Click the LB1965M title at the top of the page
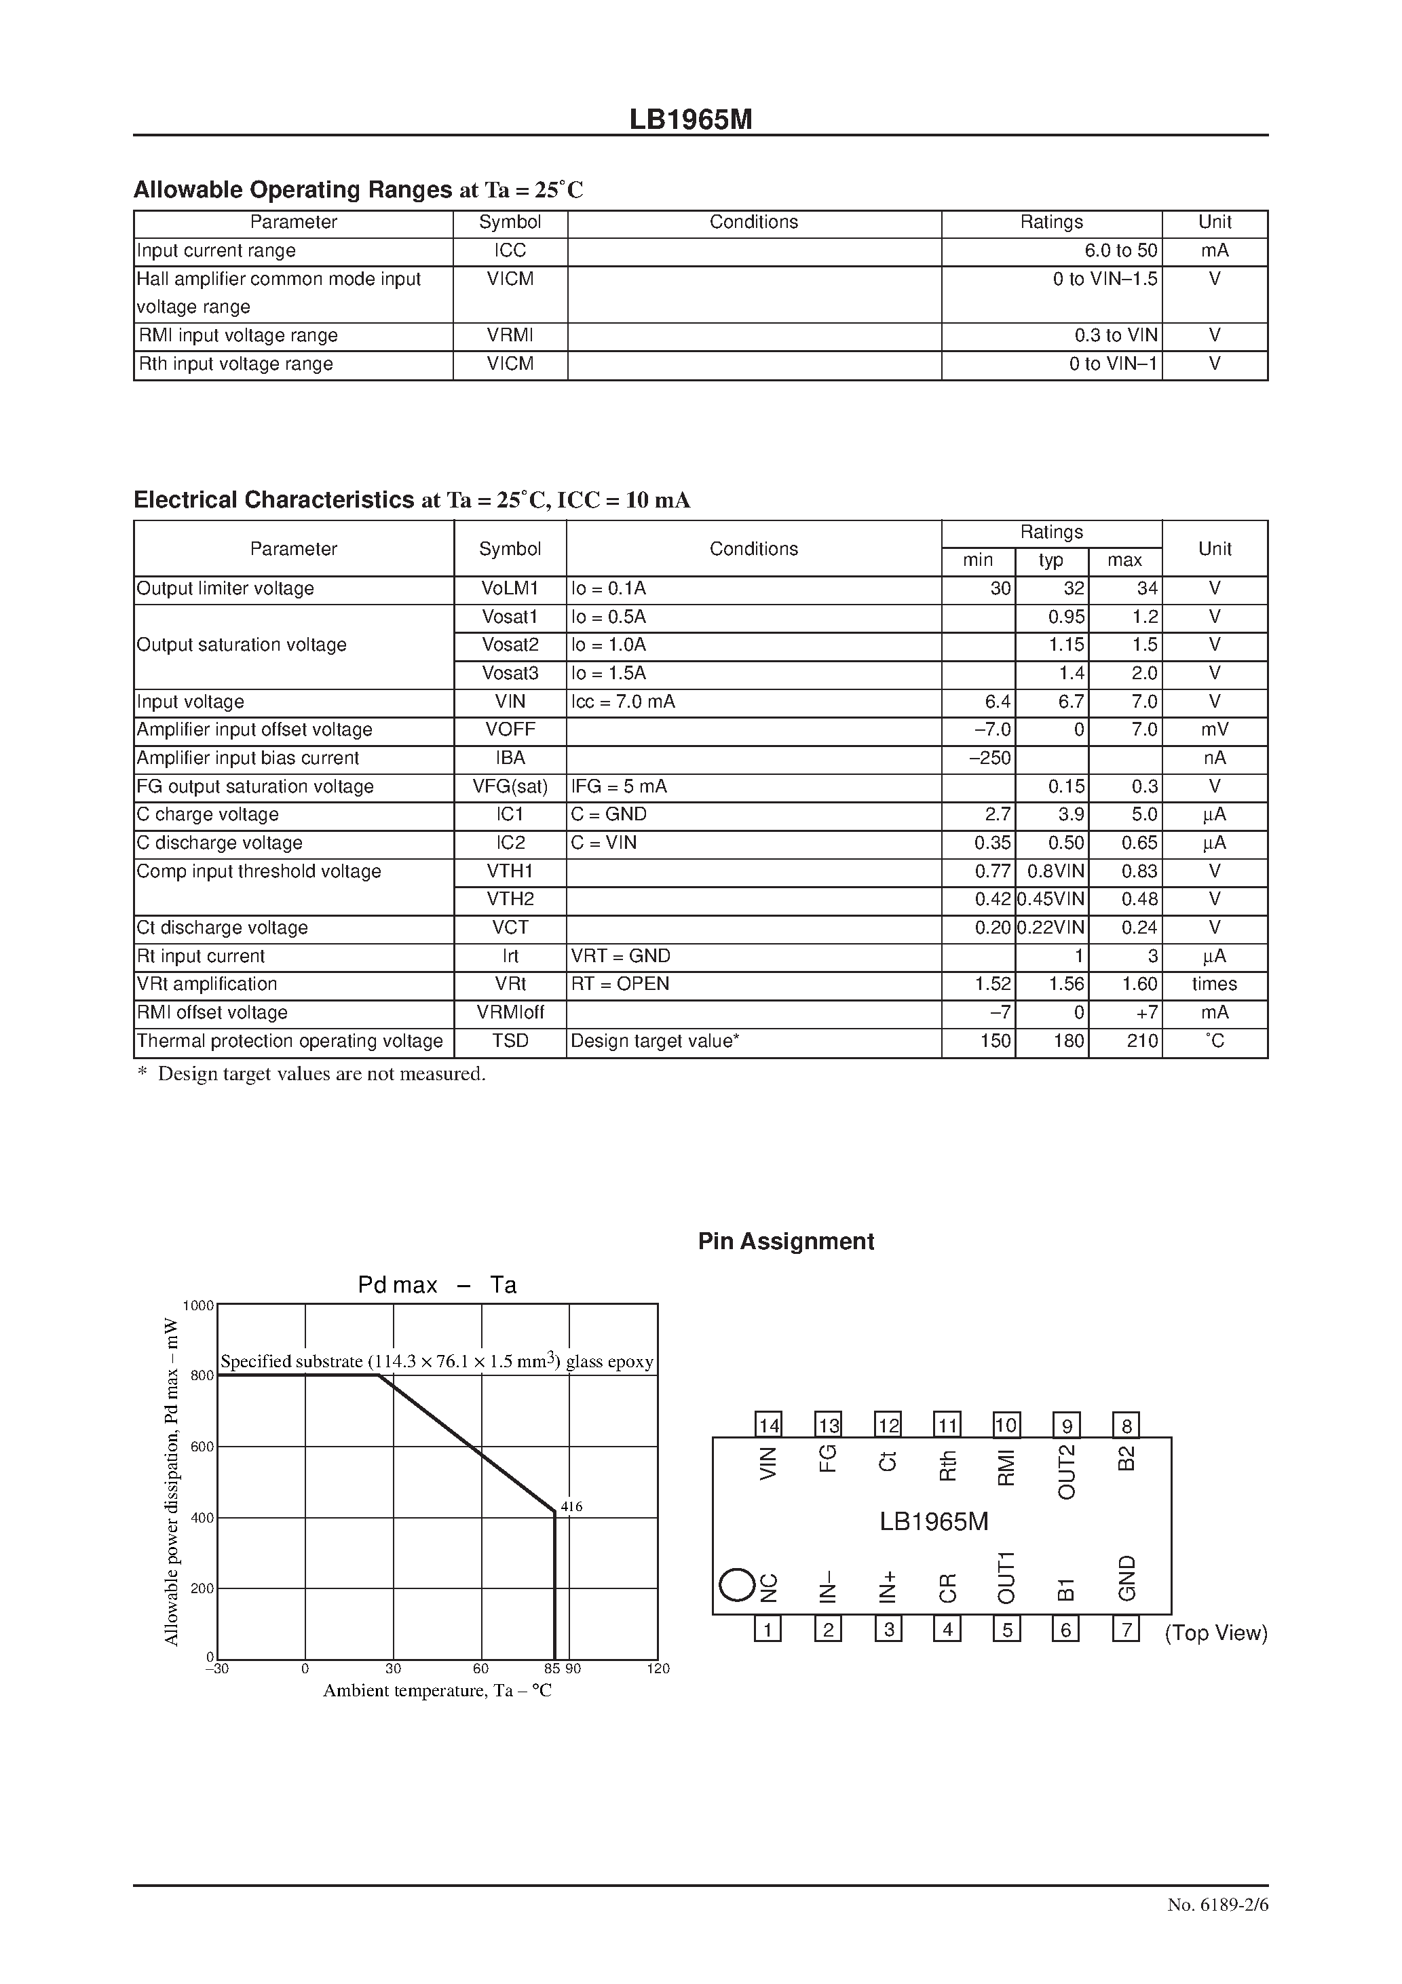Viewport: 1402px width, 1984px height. pos(691,120)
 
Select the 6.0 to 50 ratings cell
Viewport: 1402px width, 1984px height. pos(1120,250)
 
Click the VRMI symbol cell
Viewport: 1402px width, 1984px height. pos(510,335)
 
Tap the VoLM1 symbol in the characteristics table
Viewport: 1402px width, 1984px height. pos(510,588)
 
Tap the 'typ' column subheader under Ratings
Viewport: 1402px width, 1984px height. pos(1051,560)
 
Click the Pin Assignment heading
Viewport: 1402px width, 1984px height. pos(786,1242)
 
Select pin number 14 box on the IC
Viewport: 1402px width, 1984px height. pos(768,1425)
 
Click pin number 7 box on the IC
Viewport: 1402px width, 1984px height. pos(1125,1630)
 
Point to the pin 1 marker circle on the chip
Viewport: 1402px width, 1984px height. pos(736,1586)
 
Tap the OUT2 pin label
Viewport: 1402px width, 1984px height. pos(1067,1472)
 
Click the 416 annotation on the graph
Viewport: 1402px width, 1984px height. pos(571,1507)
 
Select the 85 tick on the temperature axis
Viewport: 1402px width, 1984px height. pos(552,1668)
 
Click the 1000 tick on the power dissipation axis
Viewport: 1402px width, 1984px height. pos(198,1305)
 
